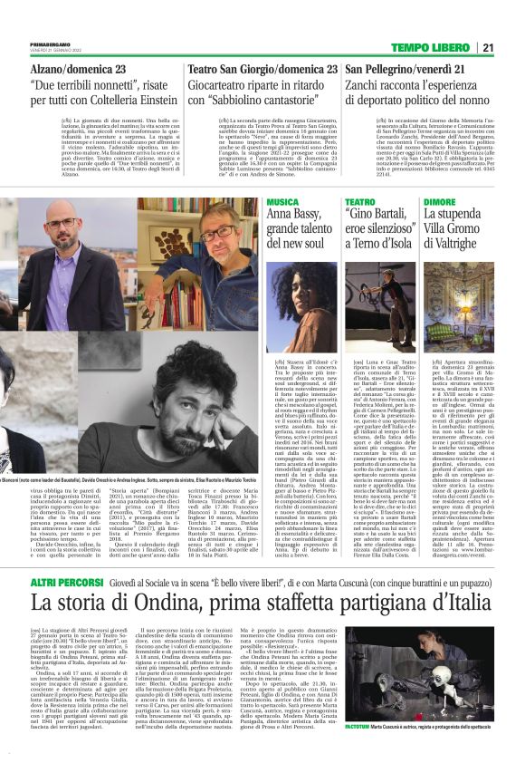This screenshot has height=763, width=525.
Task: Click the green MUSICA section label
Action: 283,201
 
